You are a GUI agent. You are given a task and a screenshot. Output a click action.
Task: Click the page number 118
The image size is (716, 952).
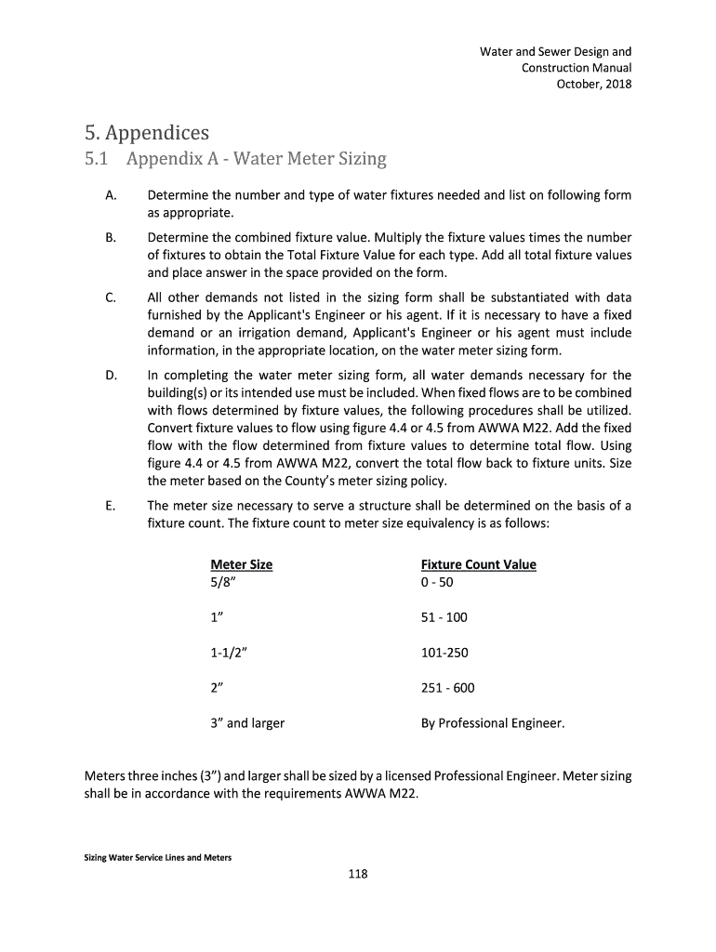point(357,873)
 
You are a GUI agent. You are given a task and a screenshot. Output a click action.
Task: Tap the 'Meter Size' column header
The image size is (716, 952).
point(241,564)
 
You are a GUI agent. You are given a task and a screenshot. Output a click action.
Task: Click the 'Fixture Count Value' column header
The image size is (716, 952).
point(478,564)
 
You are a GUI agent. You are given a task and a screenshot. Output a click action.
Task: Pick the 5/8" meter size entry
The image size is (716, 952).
point(223,583)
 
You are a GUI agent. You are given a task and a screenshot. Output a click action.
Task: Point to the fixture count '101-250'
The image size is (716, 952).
point(444,653)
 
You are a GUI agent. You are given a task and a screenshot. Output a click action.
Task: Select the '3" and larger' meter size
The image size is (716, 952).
point(247,722)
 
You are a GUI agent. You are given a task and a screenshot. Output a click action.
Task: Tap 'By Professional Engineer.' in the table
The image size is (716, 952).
point(492,722)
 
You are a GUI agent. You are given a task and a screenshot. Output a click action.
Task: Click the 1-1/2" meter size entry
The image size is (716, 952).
point(229,653)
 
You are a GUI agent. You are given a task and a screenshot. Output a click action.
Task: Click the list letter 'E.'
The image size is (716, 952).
point(111,506)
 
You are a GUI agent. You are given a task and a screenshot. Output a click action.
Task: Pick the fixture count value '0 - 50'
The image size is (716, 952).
point(437,583)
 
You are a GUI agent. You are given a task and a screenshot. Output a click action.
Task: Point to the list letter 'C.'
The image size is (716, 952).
point(111,297)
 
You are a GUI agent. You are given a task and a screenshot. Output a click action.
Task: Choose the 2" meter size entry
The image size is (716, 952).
point(219,688)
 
